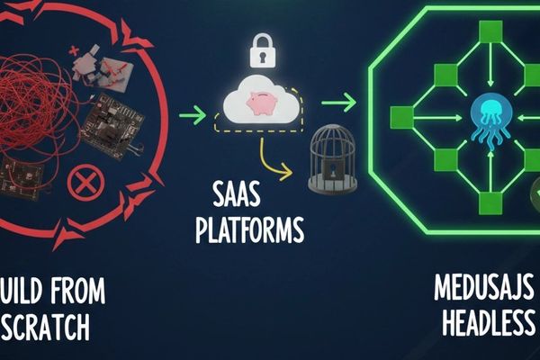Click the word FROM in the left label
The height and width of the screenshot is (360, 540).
point(67,291)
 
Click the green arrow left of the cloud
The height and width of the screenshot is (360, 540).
point(192,115)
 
